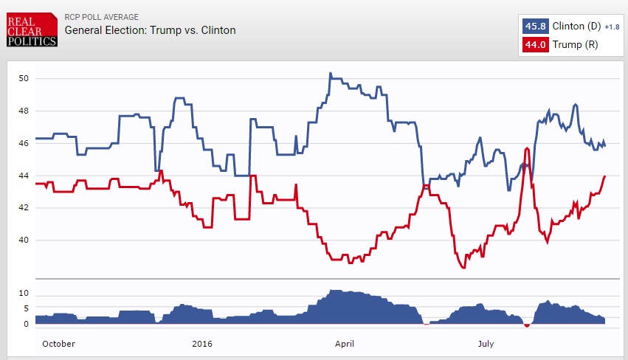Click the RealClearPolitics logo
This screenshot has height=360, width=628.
point(31,30)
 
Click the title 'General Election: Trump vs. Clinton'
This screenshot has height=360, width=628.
point(150,30)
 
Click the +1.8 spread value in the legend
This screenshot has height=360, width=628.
point(612,27)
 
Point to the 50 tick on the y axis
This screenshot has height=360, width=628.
point(24,78)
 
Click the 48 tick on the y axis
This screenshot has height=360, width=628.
point(24,111)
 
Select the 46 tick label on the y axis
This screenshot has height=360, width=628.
point(24,143)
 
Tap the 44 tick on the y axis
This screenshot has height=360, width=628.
point(24,176)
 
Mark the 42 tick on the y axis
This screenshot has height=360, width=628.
point(24,208)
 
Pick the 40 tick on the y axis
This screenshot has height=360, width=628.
point(24,240)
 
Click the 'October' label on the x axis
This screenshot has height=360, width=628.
point(58,343)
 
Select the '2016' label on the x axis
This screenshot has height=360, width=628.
point(201,343)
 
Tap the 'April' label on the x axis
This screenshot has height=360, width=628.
point(345,343)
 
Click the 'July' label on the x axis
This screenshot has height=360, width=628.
point(486,343)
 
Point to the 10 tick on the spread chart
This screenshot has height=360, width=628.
point(24,293)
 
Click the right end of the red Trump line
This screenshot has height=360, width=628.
point(604,176)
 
